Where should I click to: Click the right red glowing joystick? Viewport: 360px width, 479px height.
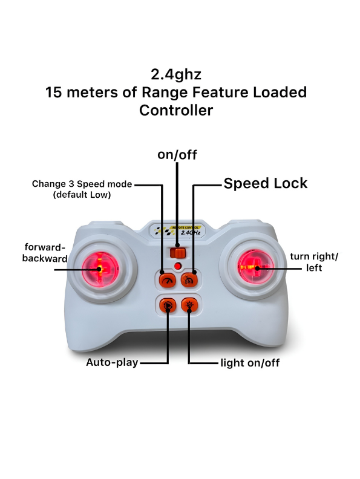coord(256,268)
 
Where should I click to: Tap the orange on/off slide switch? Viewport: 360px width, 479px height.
coord(178,253)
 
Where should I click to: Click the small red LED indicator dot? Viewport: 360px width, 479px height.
coord(177,266)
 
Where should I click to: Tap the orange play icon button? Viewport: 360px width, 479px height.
coord(168,305)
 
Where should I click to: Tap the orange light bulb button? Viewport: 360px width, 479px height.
coord(189,305)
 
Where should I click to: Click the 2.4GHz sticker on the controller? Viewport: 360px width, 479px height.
coord(177,230)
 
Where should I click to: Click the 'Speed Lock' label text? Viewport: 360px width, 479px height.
coord(265,183)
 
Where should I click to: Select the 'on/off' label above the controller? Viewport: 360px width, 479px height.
coord(177,155)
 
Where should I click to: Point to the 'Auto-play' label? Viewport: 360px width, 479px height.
coord(112,362)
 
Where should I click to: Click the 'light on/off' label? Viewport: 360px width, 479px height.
coord(250,363)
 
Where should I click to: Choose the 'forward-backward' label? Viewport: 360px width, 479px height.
coord(45,253)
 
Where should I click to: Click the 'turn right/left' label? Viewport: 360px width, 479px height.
coord(314,262)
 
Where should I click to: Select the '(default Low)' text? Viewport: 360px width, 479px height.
coord(82,195)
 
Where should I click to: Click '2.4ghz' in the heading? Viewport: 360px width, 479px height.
coord(176,74)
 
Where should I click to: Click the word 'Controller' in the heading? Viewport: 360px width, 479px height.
coord(176,110)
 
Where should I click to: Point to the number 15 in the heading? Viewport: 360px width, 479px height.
coord(53,93)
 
